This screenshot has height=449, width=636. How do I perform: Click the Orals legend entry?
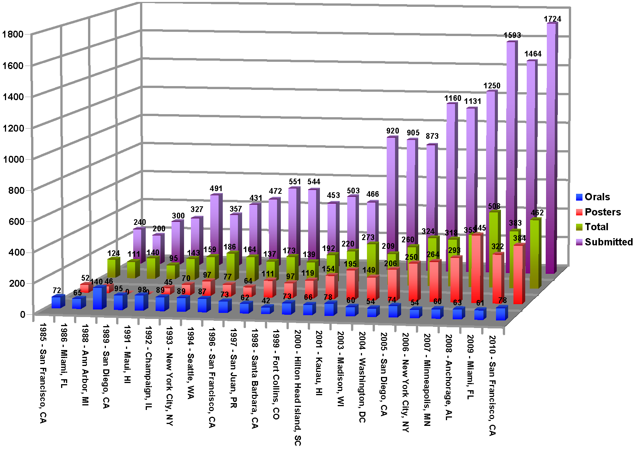click(x=597, y=197)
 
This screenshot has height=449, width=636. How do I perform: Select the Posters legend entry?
click(x=602, y=212)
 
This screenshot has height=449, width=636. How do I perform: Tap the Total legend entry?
click(x=596, y=227)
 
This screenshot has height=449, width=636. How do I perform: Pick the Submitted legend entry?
click(x=608, y=242)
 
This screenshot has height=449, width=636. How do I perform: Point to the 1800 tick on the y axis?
click(x=13, y=34)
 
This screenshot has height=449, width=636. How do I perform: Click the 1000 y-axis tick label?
click(x=13, y=159)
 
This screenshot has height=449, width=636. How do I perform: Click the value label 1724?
click(x=552, y=19)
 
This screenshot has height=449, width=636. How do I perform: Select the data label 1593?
click(x=512, y=35)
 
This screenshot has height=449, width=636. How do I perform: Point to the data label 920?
click(x=392, y=131)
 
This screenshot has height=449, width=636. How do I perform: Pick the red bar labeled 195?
click(x=352, y=284)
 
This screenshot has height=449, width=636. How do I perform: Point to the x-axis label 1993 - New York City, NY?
click(x=169, y=376)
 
